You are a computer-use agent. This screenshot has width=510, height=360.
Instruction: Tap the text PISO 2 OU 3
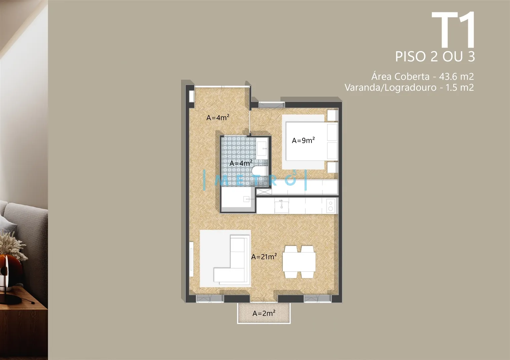click(435, 56)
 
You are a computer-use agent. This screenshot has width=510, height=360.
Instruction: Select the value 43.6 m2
click(456, 76)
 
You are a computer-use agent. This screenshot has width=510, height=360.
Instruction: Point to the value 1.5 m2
click(460, 87)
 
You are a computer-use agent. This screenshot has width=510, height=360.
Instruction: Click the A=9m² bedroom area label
click(303, 140)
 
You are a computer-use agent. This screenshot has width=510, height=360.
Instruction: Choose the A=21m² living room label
click(264, 256)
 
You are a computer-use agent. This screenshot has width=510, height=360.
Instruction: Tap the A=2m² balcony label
click(264, 313)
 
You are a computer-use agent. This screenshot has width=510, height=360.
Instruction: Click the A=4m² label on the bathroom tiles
click(241, 163)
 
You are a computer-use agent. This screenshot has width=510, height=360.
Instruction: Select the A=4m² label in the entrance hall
click(218, 117)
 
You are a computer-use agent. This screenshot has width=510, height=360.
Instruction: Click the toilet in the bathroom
click(260, 171)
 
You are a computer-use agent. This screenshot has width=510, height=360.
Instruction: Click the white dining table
click(299, 262)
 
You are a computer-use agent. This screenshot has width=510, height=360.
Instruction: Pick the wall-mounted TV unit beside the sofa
click(191, 259)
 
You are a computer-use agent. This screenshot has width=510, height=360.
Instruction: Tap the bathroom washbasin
click(262, 148)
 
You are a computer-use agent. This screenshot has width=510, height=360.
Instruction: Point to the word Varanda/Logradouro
click(391, 88)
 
